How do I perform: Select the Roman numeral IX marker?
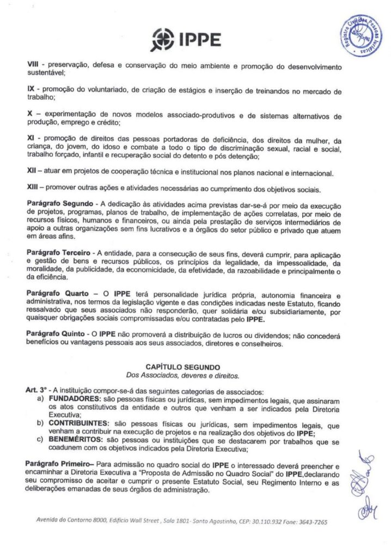pyautogui.click(x=31, y=88)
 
